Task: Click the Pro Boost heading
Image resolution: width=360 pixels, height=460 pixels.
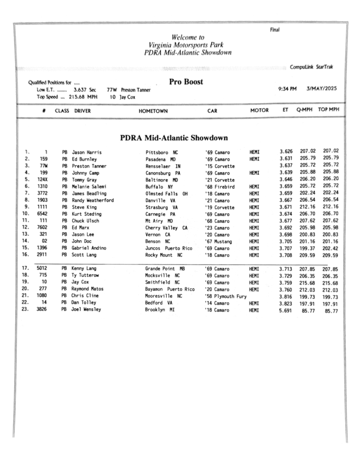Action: click(x=186, y=82)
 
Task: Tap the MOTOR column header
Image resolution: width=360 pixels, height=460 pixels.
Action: click(x=259, y=111)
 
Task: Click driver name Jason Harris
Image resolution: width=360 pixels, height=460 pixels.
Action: click(x=87, y=152)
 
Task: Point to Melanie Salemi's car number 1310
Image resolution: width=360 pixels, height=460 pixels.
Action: click(x=42, y=186)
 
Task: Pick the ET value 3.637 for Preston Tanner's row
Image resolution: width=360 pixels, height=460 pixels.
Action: click(x=286, y=166)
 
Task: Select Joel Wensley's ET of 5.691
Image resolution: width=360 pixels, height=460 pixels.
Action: click(x=286, y=310)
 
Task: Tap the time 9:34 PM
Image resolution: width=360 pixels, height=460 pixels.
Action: click(x=288, y=88)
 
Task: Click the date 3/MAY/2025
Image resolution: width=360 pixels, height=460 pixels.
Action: click(x=321, y=88)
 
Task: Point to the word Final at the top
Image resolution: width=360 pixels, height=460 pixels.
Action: click(x=275, y=30)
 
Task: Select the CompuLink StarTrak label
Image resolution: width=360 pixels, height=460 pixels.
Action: click(x=311, y=67)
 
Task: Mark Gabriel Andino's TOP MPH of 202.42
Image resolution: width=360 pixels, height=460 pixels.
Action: click(x=330, y=248)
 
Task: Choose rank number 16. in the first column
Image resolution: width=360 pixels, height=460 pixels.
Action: click(x=26, y=255)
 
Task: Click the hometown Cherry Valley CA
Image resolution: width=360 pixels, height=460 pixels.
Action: click(x=166, y=228)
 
